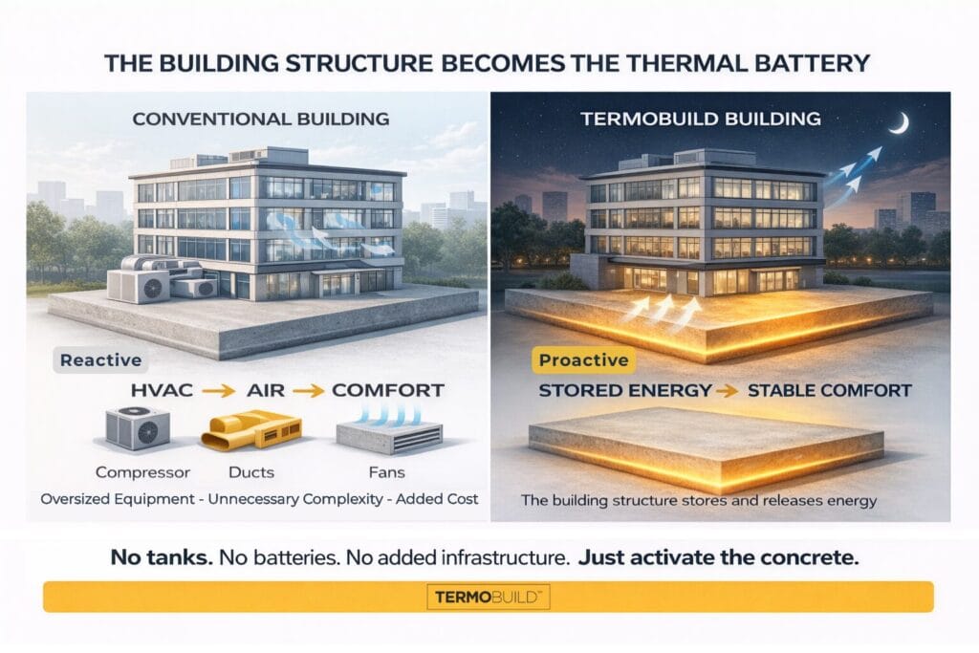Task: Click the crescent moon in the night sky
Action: point(902,124)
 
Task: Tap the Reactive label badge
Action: point(100,360)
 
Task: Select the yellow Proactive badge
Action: point(583,360)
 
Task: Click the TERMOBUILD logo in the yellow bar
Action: point(489,597)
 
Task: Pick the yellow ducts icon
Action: point(251,430)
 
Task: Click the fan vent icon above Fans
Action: point(389,428)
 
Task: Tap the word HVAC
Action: point(162,391)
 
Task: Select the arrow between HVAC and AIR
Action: point(219,391)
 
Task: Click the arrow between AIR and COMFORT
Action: point(309,391)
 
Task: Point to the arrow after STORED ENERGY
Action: point(728,391)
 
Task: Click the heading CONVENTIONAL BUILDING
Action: point(261,119)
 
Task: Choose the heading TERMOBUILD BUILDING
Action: point(701,119)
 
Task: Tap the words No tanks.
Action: point(162,556)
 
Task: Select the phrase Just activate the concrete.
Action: point(718,556)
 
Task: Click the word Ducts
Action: point(251,472)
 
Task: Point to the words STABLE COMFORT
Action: point(830,391)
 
